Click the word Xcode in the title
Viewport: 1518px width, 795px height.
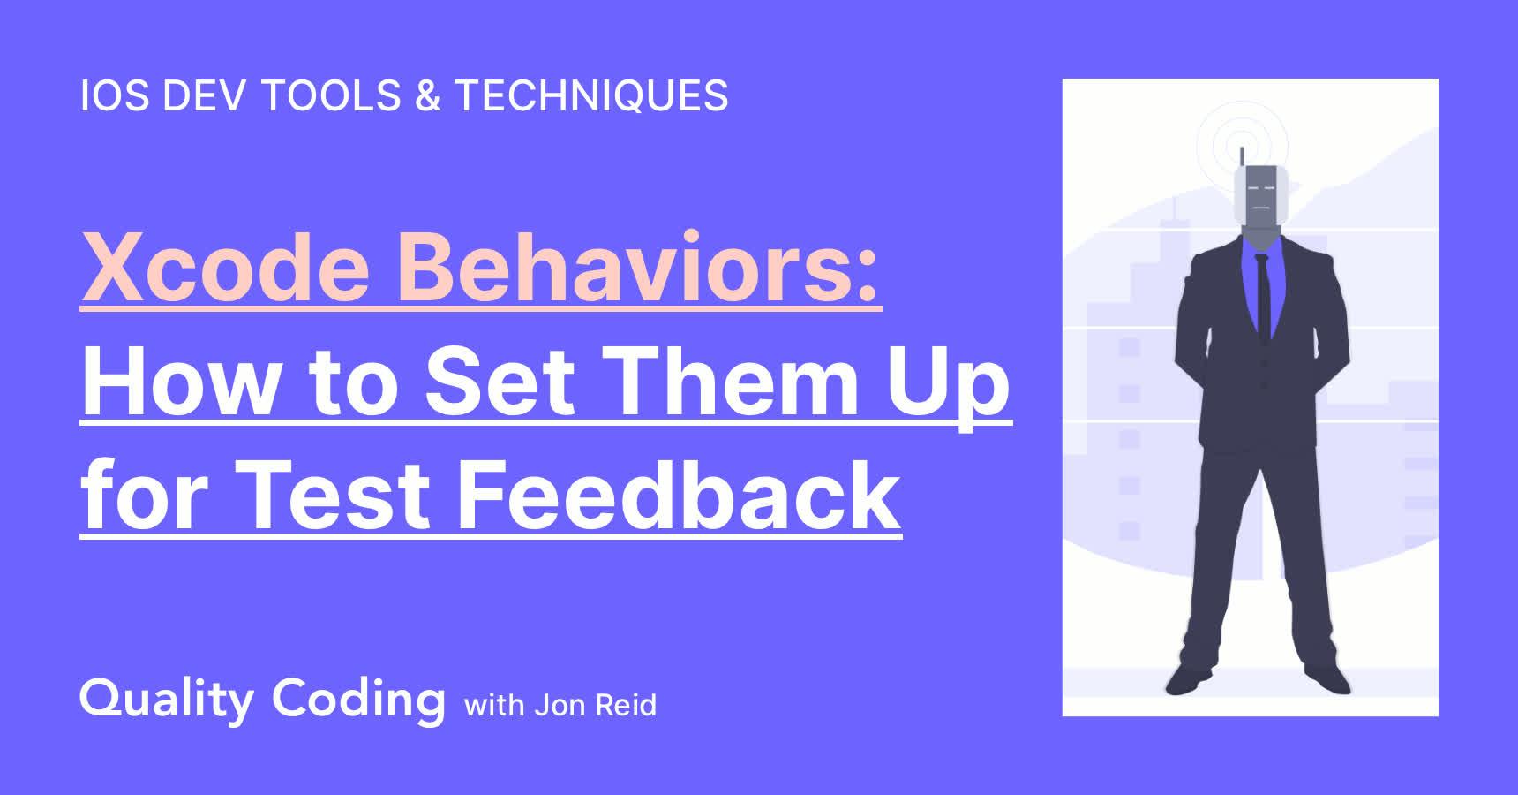click(x=226, y=266)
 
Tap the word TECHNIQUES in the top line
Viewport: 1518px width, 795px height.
click(x=591, y=96)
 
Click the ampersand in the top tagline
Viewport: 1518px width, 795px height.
click(x=427, y=96)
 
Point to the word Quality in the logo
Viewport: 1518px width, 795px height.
click(x=167, y=700)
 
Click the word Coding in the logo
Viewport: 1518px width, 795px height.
click(x=358, y=700)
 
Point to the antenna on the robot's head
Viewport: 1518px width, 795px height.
click(x=1242, y=156)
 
